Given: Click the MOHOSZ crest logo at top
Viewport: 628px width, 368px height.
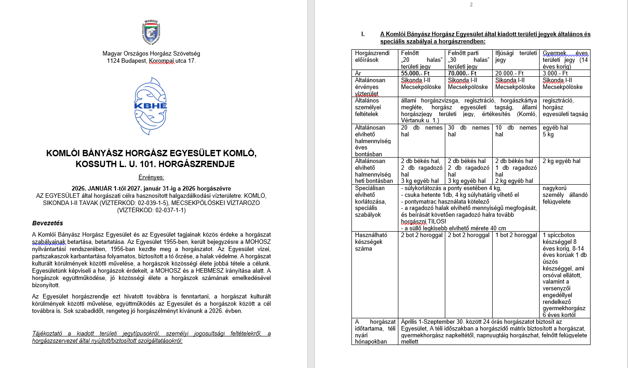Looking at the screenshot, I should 151,33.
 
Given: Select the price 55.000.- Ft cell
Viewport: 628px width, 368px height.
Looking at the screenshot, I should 415,73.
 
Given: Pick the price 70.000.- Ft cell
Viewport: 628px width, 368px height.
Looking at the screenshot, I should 462,73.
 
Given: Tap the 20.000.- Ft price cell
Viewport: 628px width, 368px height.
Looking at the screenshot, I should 509,73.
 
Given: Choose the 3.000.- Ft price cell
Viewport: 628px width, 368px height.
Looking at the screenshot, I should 555,73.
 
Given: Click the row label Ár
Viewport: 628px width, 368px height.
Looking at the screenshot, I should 358,73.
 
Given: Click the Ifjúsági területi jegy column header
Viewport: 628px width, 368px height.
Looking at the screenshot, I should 515,56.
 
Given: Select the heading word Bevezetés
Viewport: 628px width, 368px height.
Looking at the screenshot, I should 47,223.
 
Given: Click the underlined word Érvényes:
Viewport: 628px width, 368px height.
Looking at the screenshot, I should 151,177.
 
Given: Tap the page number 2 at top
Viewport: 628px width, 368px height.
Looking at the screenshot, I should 471,5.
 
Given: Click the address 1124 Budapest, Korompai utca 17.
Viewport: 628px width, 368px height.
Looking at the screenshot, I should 151,61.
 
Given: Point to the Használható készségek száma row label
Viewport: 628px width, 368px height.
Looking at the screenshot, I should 372,242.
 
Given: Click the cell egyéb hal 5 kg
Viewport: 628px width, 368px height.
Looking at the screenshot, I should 555,131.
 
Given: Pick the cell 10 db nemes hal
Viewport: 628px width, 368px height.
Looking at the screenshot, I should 515,131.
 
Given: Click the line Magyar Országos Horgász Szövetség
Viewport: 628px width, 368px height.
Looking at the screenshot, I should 151,53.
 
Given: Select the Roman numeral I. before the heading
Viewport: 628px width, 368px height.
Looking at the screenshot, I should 363,34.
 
